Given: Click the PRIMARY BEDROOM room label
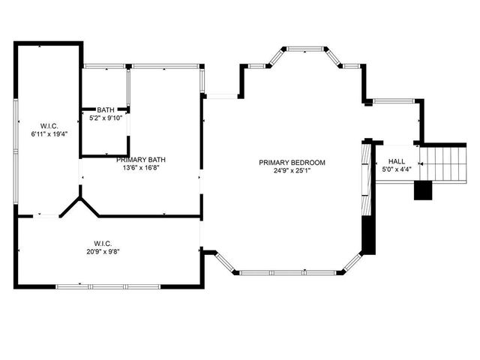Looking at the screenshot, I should (x=292, y=162).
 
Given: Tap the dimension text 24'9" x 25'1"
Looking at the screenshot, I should (x=292, y=170).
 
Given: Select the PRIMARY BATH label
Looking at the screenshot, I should (x=140, y=160).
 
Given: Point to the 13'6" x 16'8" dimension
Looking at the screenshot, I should (x=140, y=168).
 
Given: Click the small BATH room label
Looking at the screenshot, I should (x=105, y=110).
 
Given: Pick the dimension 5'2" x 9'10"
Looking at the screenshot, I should (x=105, y=118).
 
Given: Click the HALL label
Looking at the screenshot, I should (x=396, y=161).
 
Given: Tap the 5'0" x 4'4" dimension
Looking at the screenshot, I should (x=396, y=169).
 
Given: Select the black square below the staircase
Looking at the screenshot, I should (x=424, y=190).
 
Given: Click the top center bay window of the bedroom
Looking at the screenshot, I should (x=307, y=49).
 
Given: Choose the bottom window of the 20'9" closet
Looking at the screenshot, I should (x=108, y=286).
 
